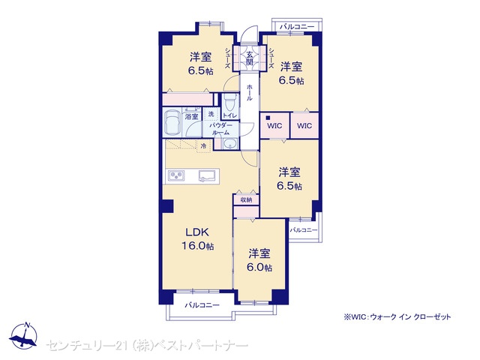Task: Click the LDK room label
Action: (x=197, y=232)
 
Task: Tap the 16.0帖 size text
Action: (x=198, y=246)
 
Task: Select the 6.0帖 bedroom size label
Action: (x=259, y=267)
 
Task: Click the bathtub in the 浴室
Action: (x=172, y=123)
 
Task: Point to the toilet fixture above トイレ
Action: (x=228, y=103)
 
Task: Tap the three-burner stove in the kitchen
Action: (x=175, y=175)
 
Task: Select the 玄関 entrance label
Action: (x=250, y=58)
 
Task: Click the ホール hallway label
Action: (x=250, y=92)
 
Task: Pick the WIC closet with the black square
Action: (x=274, y=125)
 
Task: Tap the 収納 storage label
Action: (x=246, y=200)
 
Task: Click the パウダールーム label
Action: (x=220, y=129)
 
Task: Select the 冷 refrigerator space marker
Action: (x=203, y=146)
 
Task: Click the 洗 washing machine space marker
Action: (x=211, y=115)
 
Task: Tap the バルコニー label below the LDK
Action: (x=202, y=305)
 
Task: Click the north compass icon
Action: (x=23, y=335)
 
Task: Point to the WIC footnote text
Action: (x=397, y=316)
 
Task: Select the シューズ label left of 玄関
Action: (x=227, y=58)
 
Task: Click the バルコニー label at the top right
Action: (x=297, y=27)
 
